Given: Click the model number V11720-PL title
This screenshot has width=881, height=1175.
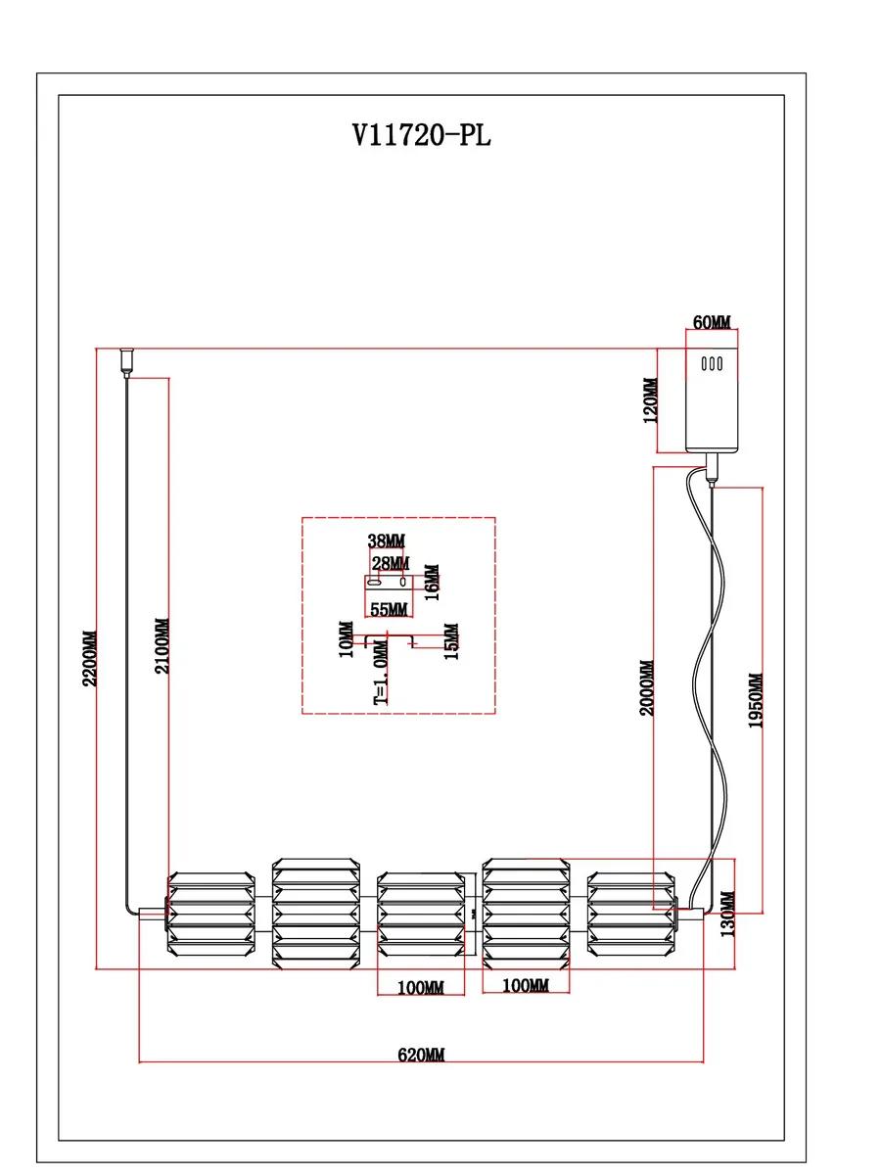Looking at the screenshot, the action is click(x=422, y=134).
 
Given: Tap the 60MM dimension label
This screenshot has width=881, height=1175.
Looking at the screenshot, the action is click(x=712, y=322).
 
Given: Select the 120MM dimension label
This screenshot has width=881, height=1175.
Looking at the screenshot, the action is click(x=650, y=400).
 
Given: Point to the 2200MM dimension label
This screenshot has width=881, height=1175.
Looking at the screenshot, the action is click(x=90, y=658).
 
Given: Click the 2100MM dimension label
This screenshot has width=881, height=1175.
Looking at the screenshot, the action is click(x=162, y=646).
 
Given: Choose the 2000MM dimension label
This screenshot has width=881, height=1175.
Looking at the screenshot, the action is click(x=647, y=688).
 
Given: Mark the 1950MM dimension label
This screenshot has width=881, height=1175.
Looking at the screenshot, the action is click(x=756, y=701).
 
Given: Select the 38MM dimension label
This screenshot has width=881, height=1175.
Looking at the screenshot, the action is click(x=387, y=541).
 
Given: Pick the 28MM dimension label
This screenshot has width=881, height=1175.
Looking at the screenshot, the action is click(x=391, y=563).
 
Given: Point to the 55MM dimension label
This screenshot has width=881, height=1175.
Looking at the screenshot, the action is click(x=389, y=609).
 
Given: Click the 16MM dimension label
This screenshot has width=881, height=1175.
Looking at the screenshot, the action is click(x=432, y=582).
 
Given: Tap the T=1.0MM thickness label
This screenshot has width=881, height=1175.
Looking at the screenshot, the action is click(x=381, y=672).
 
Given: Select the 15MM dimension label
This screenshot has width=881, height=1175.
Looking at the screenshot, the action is click(x=452, y=640).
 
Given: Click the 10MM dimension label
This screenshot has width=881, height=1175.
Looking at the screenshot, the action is click(x=347, y=638).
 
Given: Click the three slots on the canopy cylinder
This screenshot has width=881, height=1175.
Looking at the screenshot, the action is click(x=712, y=364).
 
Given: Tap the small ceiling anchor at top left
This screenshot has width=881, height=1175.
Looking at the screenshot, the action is click(x=127, y=362).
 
